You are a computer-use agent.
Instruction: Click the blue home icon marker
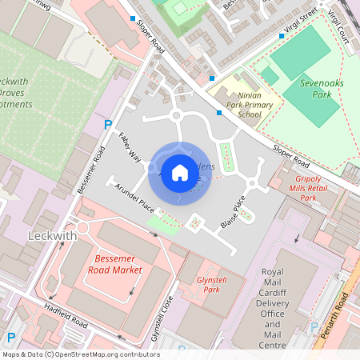click(x=180, y=172)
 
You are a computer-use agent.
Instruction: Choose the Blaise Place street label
click(x=233, y=213)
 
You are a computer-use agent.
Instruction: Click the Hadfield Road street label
click(x=66, y=320)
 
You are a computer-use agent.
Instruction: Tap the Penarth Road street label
click(x=342, y=315)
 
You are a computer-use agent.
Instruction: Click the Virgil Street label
click(x=298, y=22)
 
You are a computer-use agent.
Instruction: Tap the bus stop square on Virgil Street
click(x=282, y=36)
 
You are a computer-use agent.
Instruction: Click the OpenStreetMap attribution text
click(x=80, y=354)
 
